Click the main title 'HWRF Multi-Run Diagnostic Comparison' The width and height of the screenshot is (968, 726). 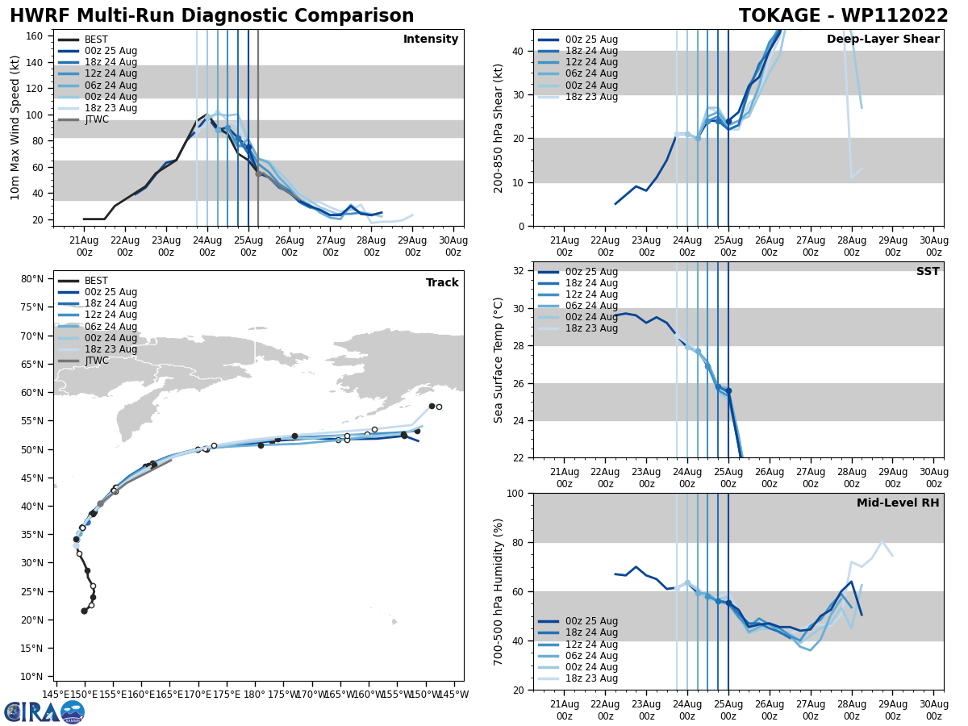tap(211, 16)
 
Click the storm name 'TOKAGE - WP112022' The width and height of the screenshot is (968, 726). tap(844, 16)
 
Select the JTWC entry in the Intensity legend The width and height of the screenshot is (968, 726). tap(96, 120)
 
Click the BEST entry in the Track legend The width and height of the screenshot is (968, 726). tap(96, 281)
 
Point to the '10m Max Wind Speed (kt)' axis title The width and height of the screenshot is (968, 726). tap(15, 127)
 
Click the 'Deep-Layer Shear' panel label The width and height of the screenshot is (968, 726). tap(882, 40)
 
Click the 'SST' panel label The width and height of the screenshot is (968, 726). tap(928, 272)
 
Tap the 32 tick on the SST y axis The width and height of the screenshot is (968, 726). tap(522, 271)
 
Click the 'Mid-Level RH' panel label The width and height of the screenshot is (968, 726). tap(898, 503)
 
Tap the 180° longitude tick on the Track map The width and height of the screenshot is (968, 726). tap(255, 694)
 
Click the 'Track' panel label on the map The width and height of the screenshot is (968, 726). tap(442, 283)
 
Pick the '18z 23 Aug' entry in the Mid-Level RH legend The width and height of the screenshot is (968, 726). tap(591, 678)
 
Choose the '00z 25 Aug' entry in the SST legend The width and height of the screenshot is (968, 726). tap(591, 272)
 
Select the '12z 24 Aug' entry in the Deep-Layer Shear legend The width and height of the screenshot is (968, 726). tap(591, 62)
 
